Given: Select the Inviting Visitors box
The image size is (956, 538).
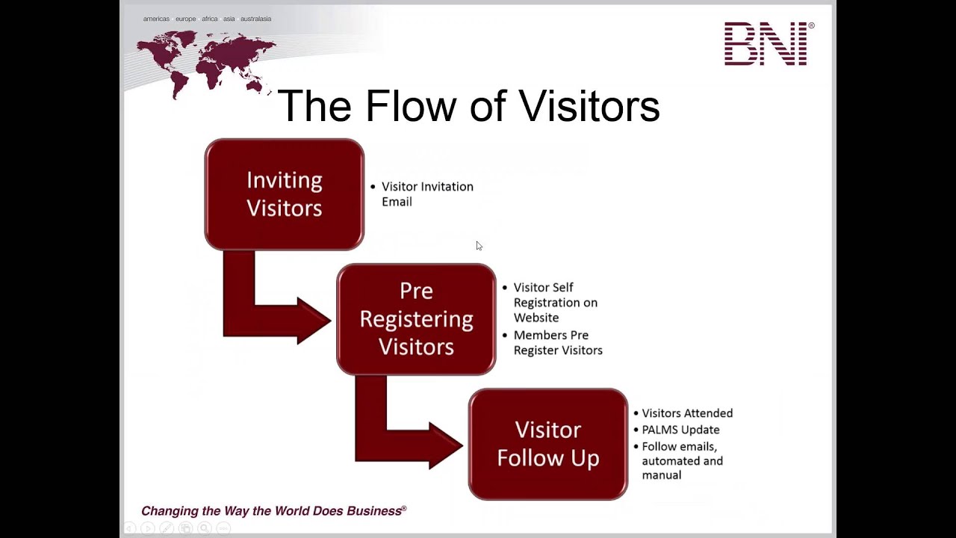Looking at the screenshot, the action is [284, 194].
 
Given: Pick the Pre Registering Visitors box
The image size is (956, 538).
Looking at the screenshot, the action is [416, 319].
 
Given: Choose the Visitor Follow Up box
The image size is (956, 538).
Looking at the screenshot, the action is [547, 444].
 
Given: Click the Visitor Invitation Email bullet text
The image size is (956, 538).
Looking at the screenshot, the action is [426, 194].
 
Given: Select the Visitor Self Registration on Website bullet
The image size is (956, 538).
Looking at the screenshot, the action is [555, 303].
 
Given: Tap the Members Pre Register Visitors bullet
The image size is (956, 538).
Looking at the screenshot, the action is [557, 343].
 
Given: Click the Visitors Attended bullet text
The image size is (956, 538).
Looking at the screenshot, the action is [687, 413].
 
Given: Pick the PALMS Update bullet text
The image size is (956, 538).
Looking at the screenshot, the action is [680, 430].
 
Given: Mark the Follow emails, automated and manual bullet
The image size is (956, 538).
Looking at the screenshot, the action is [682, 461].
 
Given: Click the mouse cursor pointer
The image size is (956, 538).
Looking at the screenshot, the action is [479, 246].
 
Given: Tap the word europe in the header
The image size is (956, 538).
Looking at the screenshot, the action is [185, 19].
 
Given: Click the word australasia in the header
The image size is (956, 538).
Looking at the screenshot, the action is [255, 19].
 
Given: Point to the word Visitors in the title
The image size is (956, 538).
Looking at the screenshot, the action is [589, 106].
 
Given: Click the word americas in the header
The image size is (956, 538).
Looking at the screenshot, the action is [156, 19].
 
